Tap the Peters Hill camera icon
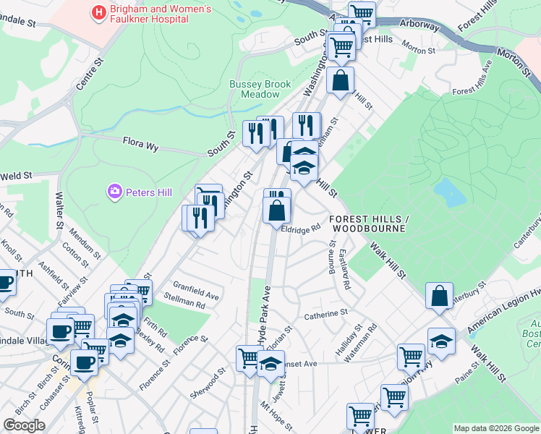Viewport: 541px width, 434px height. point(114,192)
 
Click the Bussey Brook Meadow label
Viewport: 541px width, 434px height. point(260,89)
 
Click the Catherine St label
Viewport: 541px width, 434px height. point(325,315)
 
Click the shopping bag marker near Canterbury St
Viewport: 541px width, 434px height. point(439,296)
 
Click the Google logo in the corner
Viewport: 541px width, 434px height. point(24,425)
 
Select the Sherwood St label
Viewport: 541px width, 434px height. point(216,379)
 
